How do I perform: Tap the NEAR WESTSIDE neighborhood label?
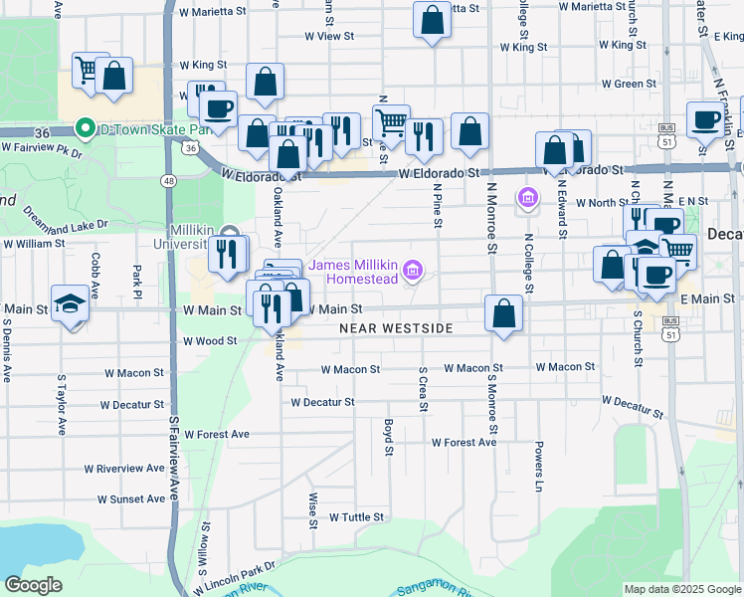point(396,328)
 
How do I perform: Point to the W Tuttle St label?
point(356,517)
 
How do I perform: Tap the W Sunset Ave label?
point(130,498)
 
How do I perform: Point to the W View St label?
point(329,36)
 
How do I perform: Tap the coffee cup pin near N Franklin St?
point(706,119)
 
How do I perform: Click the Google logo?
point(34,585)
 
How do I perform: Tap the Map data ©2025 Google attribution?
point(681,589)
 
